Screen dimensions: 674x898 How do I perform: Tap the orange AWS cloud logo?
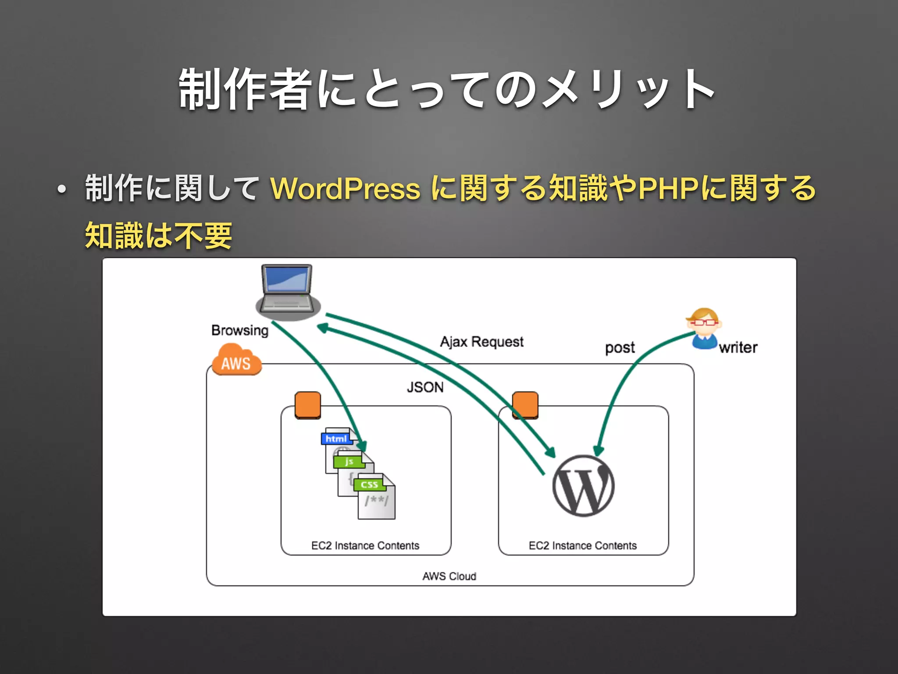tap(236, 361)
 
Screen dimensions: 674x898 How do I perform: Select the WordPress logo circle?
tap(583, 486)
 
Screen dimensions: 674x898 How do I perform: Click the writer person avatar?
tap(704, 329)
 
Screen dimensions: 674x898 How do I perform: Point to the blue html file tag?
tap(336, 438)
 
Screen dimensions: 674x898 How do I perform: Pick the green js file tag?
tap(349, 462)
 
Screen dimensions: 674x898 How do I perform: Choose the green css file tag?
tap(369, 484)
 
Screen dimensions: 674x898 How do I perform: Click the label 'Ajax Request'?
tap(481, 342)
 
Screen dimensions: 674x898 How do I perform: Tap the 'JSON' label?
tap(425, 387)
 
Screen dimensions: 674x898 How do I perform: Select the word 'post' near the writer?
tap(620, 348)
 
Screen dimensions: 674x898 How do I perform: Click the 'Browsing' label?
tap(239, 330)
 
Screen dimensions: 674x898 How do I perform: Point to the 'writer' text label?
tap(738, 348)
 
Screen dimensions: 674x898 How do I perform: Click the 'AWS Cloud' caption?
tap(449, 576)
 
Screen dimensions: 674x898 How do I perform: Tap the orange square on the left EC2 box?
tap(308, 405)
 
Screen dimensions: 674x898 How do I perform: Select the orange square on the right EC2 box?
tap(525, 405)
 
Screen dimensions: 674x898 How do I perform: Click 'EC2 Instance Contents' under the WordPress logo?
tap(582, 545)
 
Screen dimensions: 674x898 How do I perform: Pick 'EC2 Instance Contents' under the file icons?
tap(365, 545)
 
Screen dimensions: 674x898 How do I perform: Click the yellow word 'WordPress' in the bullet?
tap(346, 189)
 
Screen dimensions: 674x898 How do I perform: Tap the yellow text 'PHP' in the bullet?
tap(668, 189)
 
